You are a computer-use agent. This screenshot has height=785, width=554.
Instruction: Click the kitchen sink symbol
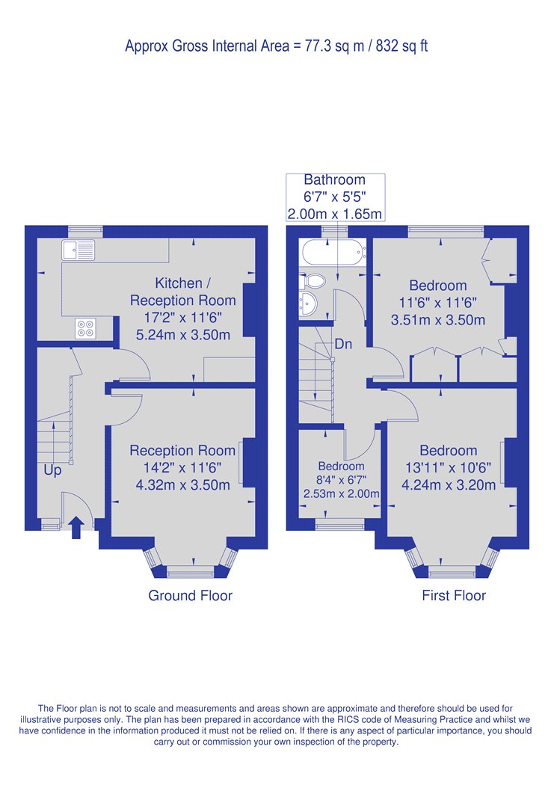(78, 250)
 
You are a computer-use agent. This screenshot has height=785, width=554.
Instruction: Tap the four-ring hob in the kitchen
(85, 328)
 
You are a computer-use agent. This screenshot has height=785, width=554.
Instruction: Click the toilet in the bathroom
(313, 281)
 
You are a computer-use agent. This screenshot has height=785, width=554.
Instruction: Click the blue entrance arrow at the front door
(76, 528)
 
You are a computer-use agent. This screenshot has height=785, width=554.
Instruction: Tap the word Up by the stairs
(52, 470)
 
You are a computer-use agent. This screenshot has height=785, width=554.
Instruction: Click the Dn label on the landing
(343, 344)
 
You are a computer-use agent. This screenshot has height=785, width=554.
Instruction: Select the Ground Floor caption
(190, 595)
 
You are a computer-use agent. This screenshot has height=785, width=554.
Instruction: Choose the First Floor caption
(454, 595)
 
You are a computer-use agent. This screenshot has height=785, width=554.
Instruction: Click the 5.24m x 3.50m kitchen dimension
(183, 335)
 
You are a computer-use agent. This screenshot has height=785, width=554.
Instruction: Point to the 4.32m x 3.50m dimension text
(183, 485)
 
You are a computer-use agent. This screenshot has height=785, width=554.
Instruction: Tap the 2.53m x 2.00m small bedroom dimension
(342, 493)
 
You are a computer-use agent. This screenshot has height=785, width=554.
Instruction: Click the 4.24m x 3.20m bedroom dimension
(449, 485)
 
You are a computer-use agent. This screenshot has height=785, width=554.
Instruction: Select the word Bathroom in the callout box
(334, 179)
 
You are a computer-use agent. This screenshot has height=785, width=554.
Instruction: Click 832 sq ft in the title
(402, 46)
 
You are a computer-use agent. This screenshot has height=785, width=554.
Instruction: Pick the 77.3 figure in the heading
(317, 46)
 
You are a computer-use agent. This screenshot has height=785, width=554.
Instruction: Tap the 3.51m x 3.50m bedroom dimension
(438, 320)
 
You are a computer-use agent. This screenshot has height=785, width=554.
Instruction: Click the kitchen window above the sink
(85, 231)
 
